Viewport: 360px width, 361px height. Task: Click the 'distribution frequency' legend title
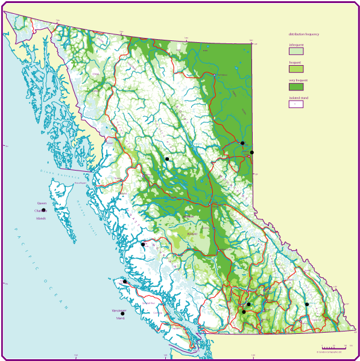[x=304, y=34]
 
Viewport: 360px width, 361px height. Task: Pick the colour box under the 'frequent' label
[x=295, y=69]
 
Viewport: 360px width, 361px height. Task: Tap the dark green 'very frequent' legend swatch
[x=295, y=87]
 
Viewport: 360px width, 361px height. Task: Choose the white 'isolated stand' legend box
[x=295, y=104]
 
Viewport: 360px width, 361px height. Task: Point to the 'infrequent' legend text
[x=296, y=45]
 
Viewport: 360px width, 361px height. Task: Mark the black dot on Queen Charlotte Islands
[x=43, y=210]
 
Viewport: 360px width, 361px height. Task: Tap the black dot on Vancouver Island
[x=122, y=314]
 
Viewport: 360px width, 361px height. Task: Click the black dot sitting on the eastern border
[x=252, y=152]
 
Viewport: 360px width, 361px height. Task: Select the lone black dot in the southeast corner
[x=306, y=304]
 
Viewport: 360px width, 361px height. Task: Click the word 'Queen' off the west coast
[x=41, y=204]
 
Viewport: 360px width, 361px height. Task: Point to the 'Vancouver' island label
[x=119, y=310]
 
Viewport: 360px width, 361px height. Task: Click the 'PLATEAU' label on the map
[x=192, y=234]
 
